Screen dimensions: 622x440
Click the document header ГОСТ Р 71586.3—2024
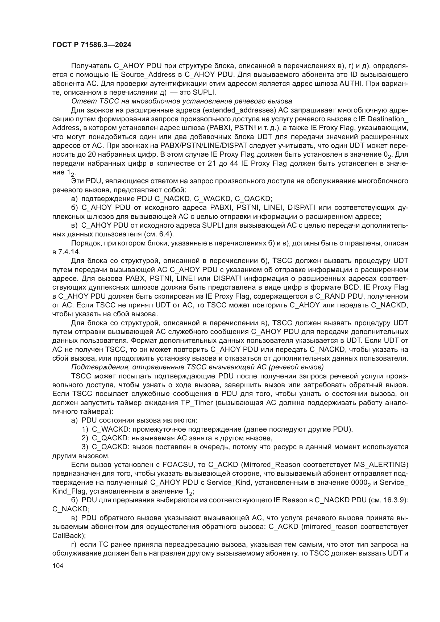[x=92, y=45]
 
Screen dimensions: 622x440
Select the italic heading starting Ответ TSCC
[x=181, y=101]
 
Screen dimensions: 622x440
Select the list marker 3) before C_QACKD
[x=85, y=447]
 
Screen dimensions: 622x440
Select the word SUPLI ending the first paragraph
[x=204, y=92]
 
